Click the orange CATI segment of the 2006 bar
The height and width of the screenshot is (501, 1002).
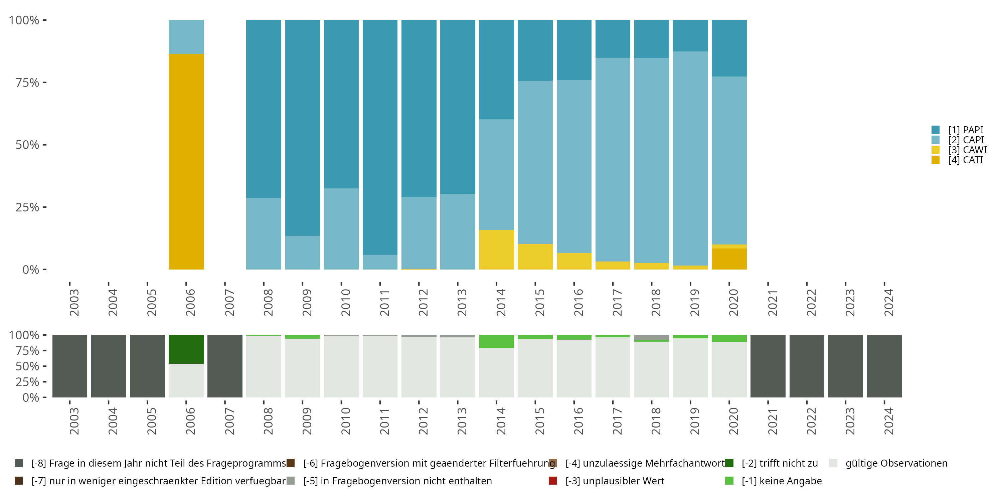tap(186, 161)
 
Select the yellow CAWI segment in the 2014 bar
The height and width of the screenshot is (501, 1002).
tap(496, 249)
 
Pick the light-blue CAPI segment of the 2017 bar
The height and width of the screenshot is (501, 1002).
tap(613, 159)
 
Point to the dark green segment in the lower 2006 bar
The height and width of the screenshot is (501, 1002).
tap(186, 349)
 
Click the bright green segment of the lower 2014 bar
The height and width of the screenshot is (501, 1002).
tap(496, 341)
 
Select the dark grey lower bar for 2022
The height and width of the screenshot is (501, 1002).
tap(807, 366)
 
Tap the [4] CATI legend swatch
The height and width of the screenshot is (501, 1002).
tap(936, 160)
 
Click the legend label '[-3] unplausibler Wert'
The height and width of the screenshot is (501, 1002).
tap(615, 481)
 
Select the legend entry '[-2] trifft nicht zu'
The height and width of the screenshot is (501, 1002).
tap(780, 463)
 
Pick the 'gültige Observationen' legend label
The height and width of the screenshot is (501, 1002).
tap(896, 463)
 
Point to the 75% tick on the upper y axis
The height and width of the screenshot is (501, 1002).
tap(27, 82)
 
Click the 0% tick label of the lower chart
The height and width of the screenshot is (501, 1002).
tap(30, 397)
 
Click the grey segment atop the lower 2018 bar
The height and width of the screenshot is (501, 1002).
tap(652, 337)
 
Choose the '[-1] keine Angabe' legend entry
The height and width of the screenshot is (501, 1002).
tap(782, 481)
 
